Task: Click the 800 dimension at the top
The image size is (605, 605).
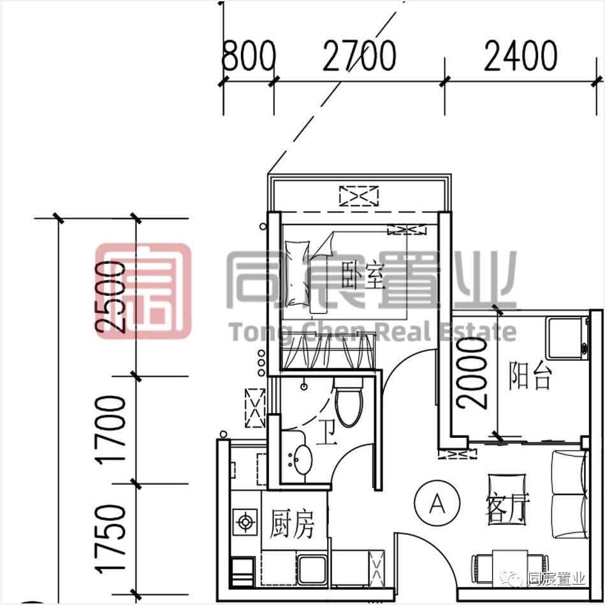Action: pyautogui.click(x=248, y=57)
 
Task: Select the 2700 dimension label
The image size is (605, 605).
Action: pyautogui.click(x=359, y=57)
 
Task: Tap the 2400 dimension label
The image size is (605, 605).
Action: pyautogui.click(x=520, y=57)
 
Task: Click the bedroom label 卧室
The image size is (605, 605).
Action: pyautogui.click(x=363, y=276)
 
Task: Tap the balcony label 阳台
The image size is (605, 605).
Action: pyautogui.click(x=529, y=377)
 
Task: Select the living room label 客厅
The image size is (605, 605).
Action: pyautogui.click(x=507, y=508)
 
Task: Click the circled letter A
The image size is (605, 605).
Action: pyautogui.click(x=437, y=504)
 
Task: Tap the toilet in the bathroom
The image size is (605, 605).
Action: pyautogui.click(x=349, y=403)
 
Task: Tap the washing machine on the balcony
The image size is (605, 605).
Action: pyautogui.click(x=567, y=338)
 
